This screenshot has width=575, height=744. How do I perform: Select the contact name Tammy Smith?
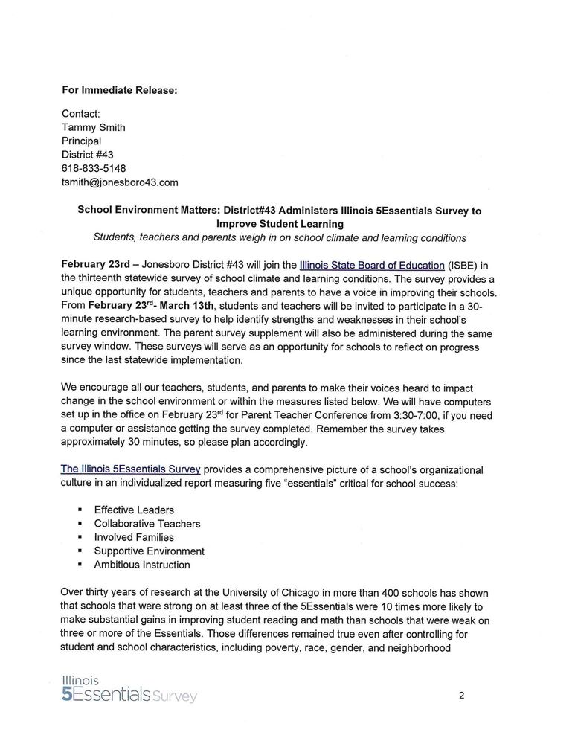point(93,127)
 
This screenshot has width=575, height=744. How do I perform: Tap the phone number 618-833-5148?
point(94,168)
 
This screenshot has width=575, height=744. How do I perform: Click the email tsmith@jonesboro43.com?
point(120,182)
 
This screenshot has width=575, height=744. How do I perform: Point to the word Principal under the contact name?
point(81,141)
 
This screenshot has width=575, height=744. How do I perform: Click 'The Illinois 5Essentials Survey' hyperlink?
point(131,470)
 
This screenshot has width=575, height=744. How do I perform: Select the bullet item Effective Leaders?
point(134,510)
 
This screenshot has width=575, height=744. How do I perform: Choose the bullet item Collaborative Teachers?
point(147,524)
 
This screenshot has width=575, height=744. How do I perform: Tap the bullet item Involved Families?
point(134,537)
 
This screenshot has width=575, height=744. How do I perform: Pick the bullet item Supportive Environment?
point(149,551)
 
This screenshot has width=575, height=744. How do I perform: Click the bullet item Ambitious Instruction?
point(141,565)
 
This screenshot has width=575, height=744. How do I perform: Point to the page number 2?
point(462,696)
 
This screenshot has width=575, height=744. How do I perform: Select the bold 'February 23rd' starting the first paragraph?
point(95,265)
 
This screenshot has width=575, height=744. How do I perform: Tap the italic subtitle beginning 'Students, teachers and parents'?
point(279,238)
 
